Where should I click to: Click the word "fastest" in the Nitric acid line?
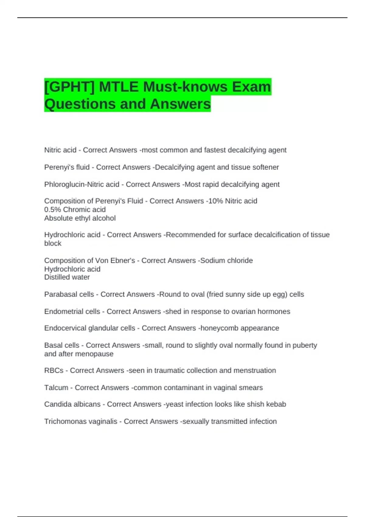pos(215,150)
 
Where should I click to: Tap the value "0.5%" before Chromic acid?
pos(52,210)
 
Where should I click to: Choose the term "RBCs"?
pos(54,370)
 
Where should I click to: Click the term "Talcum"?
pos(56,388)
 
